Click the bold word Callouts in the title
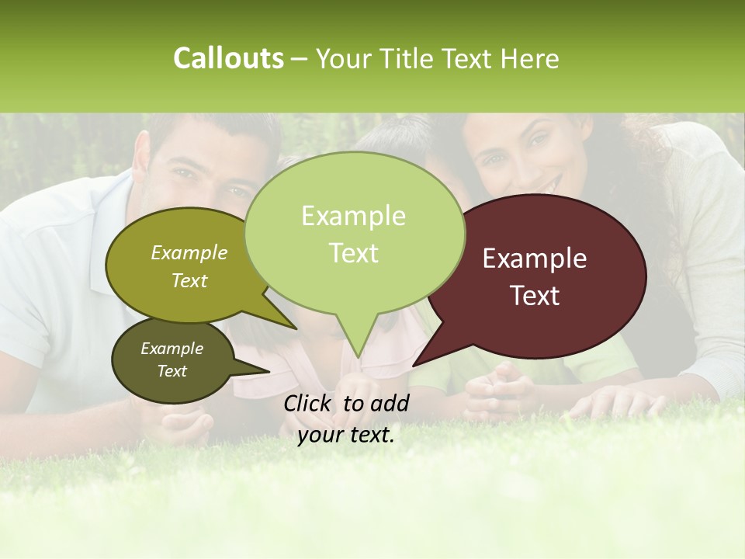[x=228, y=58]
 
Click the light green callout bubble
[x=354, y=233]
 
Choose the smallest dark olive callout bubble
[x=172, y=360]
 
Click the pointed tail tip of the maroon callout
[x=414, y=365]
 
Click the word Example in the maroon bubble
[x=534, y=259]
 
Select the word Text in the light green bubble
[x=353, y=253]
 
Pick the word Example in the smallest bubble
[x=172, y=349]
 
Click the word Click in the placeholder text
[x=309, y=403]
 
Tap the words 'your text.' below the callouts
[x=346, y=435]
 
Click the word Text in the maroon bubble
[x=535, y=296]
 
